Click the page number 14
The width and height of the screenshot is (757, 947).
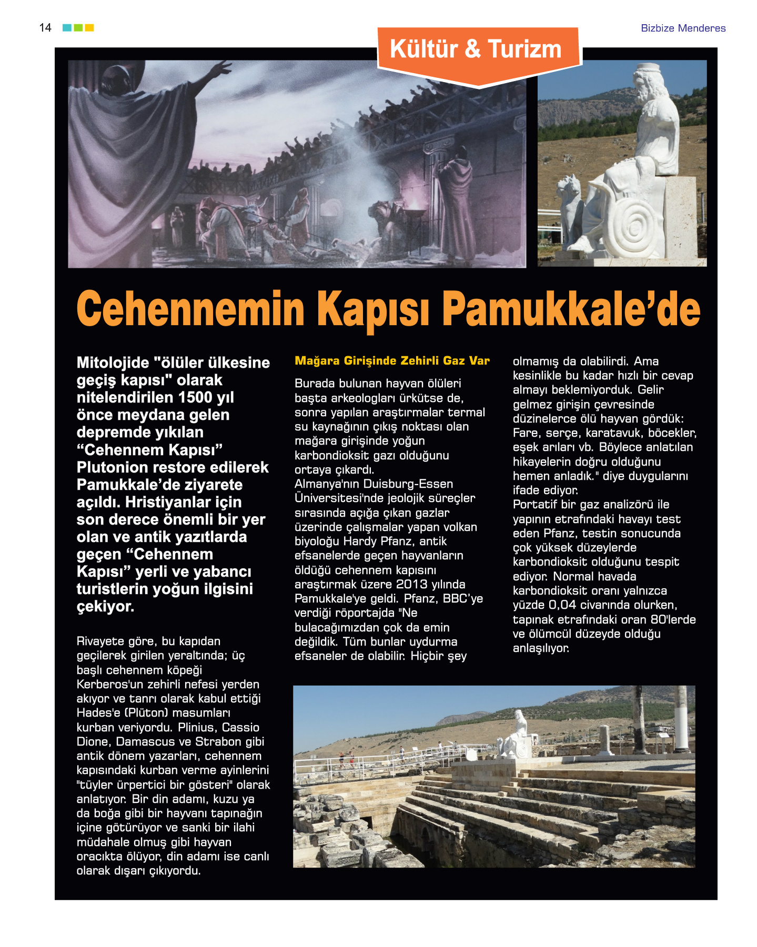[x=45, y=27]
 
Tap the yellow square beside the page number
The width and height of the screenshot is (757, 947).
[x=89, y=27]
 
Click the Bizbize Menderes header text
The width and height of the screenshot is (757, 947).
[x=683, y=28]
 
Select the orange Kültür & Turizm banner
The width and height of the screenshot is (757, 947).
[x=476, y=50]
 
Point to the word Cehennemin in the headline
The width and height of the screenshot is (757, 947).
[x=190, y=309]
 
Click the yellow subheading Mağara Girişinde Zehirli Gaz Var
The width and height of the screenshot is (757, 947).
[x=392, y=361]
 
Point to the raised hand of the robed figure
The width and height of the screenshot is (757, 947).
[x=221, y=68]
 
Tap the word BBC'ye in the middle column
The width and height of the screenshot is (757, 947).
[x=463, y=599]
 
